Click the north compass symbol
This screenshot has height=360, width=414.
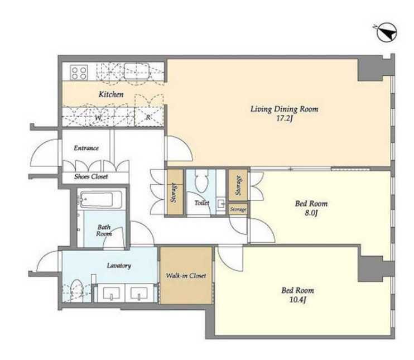point(387,33)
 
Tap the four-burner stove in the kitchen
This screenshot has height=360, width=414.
point(79,73)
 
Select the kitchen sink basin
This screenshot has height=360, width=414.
point(137,71)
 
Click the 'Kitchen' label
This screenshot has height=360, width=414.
point(111,94)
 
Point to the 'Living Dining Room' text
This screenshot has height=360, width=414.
point(285,109)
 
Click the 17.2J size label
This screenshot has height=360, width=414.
point(285,118)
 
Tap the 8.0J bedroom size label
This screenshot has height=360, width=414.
point(311,213)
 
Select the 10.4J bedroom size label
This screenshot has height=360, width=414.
point(298,300)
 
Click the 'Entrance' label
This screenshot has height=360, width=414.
point(86,148)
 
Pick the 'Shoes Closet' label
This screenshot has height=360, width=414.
point(91,176)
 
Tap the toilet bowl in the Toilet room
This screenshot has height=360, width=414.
point(201,183)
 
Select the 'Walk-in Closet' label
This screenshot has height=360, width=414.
point(186,276)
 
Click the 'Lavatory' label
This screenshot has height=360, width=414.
point(119,266)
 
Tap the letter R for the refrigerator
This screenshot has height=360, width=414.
point(148,118)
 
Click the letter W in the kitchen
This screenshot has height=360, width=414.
point(98,118)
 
